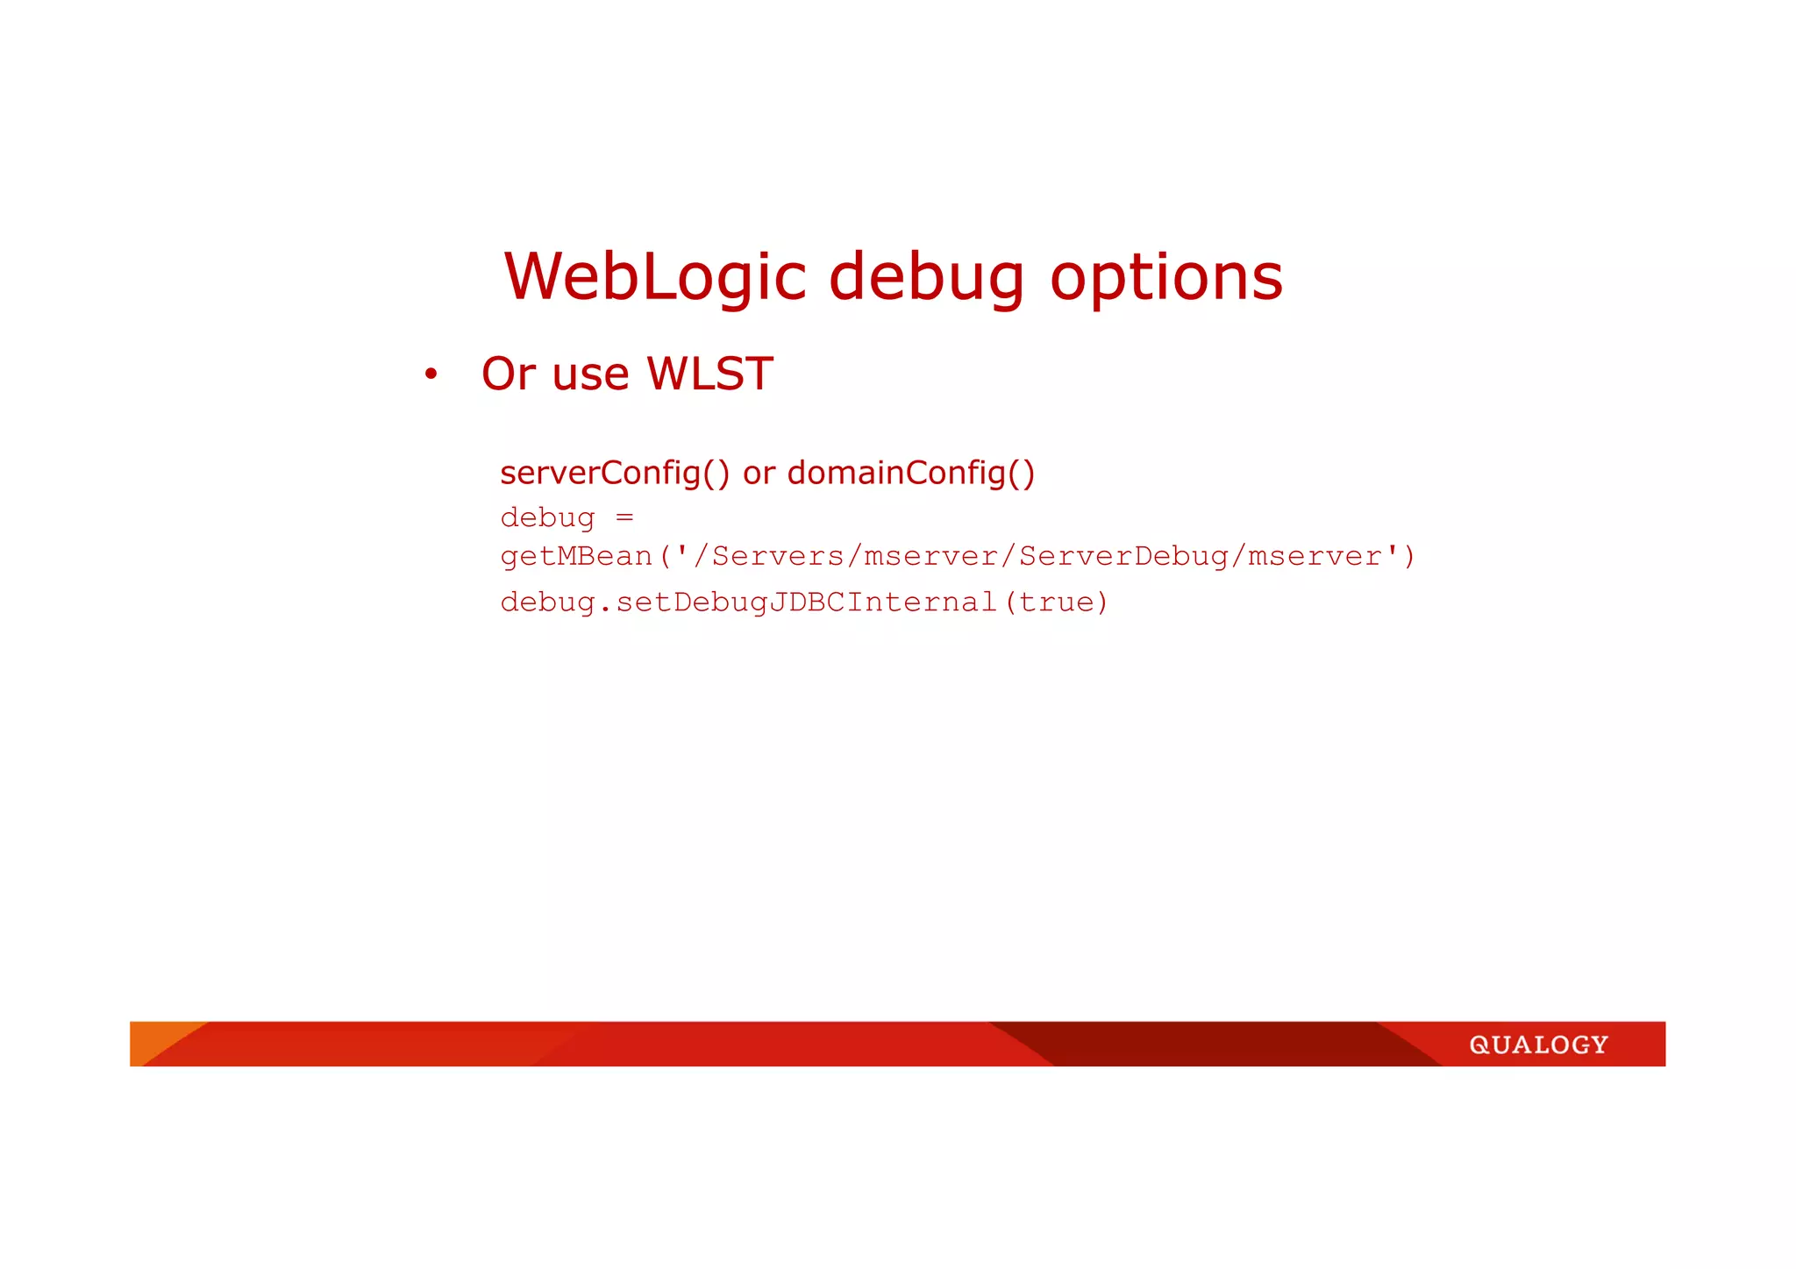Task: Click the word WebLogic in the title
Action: pyautogui.click(x=654, y=277)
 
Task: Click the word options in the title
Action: pyautogui.click(x=1166, y=279)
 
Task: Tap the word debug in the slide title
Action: pyautogui.click(x=926, y=279)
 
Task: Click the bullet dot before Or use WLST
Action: pyautogui.click(x=431, y=375)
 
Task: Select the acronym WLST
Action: pyautogui.click(x=709, y=374)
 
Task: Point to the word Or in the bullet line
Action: pyautogui.click(x=508, y=374)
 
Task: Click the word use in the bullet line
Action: pyautogui.click(x=591, y=375)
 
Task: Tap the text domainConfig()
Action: pyautogui.click(x=911, y=474)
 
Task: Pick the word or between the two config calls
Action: pyautogui.click(x=759, y=474)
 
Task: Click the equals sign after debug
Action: pyautogui.click(x=624, y=517)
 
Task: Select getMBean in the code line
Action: pyautogui.click(x=576, y=556)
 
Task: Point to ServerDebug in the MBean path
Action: pyautogui.click(x=1123, y=556)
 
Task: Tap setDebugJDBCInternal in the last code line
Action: pyautogui.click(x=806, y=602)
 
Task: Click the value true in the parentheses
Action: pyautogui.click(x=1056, y=602)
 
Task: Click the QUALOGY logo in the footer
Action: pyautogui.click(x=1538, y=1044)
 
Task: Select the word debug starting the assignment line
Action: pyautogui.click(x=547, y=518)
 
